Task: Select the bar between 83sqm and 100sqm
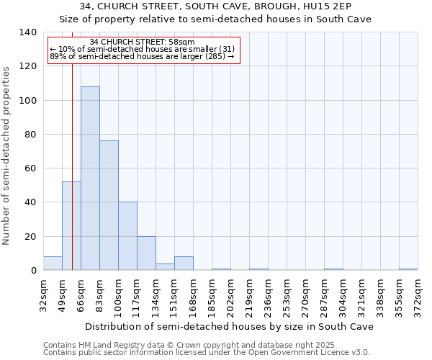109,205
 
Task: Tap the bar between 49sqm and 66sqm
71,226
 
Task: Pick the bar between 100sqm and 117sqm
127,236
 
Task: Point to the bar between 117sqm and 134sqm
146,253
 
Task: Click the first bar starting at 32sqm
53,264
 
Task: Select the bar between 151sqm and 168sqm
184,264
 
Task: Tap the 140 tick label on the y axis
28,32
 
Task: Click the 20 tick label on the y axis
30,237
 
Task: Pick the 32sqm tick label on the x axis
43,293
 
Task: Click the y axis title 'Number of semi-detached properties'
6,156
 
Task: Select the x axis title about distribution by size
229,327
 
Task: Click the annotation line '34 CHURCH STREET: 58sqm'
142,42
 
